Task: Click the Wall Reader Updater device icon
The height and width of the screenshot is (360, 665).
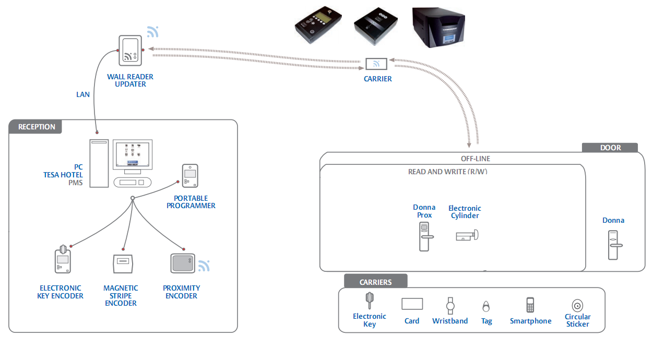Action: (x=129, y=51)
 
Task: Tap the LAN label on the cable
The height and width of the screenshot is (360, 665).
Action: (x=83, y=94)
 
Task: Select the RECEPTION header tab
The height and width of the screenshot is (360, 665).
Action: (x=36, y=127)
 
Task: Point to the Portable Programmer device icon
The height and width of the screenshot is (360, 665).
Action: (x=189, y=176)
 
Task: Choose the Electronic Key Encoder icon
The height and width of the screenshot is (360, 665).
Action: (x=62, y=259)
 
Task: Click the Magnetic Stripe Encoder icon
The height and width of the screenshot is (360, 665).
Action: (x=124, y=263)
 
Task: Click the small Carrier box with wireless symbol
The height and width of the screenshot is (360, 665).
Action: (x=376, y=64)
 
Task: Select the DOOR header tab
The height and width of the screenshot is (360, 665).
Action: (x=610, y=148)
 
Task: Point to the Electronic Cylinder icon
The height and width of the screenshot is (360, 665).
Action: (x=466, y=236)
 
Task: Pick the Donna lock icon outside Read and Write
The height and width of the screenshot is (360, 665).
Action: (x=614, y=245)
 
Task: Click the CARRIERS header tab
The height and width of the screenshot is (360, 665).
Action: (x=375, y=282)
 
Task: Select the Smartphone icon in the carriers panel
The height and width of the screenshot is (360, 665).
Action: (x=530, y=305)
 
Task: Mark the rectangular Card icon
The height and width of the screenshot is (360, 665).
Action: (x=412, y=304)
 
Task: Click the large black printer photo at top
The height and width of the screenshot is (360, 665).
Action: (x=438, y=27)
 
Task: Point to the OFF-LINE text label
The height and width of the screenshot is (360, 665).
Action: (x=475, y=159)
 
